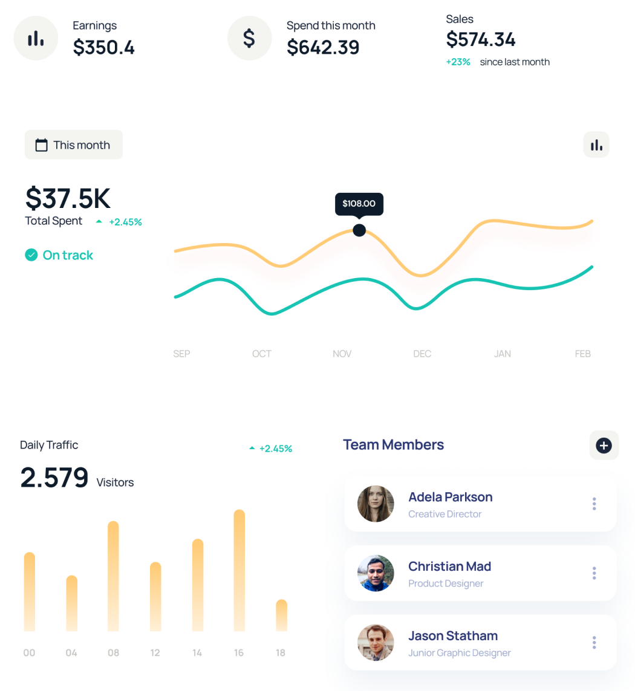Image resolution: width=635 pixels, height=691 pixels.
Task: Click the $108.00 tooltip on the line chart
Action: (x=359, y=204)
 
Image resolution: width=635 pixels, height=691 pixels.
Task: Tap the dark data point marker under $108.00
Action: (x=359, y=230)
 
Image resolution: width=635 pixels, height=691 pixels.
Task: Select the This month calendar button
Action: (x=74, y=144)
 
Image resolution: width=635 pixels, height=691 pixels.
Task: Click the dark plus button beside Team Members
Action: (x=604, y=446)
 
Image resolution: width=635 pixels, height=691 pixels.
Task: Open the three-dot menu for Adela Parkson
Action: (x=594, y=503)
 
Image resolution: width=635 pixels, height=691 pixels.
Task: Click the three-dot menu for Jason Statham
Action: (x=594, y=642)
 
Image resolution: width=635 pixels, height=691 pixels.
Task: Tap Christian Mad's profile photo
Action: (x=376, y=573)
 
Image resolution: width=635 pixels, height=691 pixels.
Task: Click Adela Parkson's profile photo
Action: (x=376, y=504)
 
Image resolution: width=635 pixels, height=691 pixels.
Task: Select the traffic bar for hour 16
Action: (x=239, y=570)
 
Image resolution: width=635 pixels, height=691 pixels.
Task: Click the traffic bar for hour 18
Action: (x=281, y=615)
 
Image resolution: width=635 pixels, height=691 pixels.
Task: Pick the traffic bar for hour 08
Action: (x=113, y=576)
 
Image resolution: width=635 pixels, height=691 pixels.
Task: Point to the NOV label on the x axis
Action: (x=342, y=354)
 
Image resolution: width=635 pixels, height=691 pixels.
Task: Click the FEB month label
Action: (x=582, y=354)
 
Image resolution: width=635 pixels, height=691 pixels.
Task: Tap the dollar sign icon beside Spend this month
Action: (x=249, y=38)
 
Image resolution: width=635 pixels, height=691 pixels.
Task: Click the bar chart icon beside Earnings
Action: (x=36, y=38)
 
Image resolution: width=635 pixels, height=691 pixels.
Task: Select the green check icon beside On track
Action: (x=31, y=255)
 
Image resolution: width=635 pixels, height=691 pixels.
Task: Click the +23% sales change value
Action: (x=458, y=62)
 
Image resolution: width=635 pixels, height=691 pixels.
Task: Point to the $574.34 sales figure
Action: (x=481, y=39)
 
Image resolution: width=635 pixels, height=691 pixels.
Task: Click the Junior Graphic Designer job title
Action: (x=460, y=653)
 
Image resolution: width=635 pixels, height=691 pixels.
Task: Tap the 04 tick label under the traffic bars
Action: (x=71, y=653)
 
